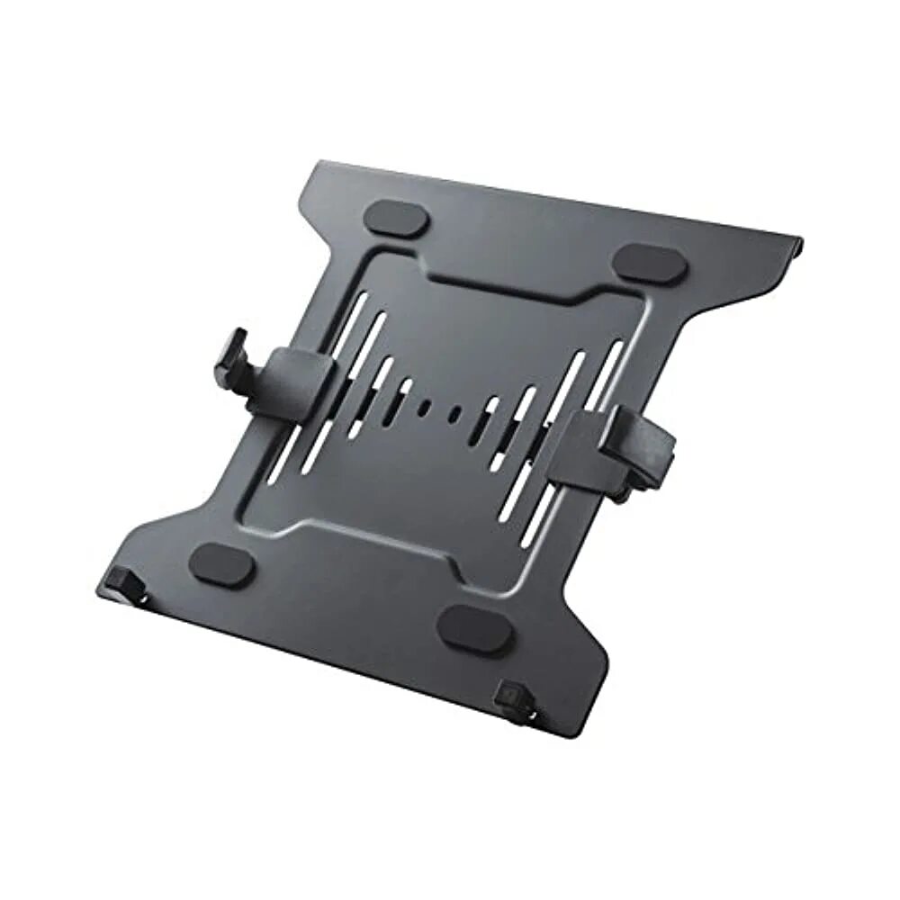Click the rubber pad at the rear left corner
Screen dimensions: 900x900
(395, 219)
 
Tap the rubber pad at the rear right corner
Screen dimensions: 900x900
(650, 263)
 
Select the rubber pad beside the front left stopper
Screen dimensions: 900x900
(221, 565)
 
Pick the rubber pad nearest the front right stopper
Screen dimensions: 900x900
(475, 628)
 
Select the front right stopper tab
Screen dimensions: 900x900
(513, 702)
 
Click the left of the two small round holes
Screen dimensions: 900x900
(423, 407)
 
